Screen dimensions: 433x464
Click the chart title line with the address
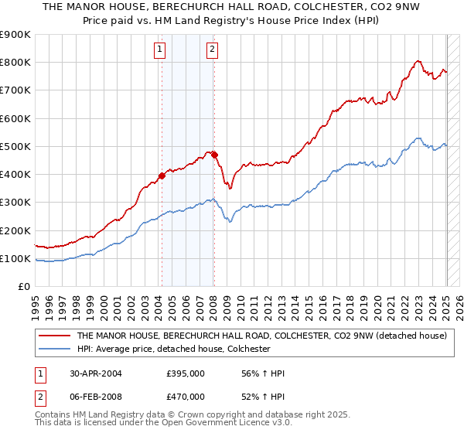(x=231, y=9)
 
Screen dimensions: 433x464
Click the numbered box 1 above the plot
(x=159, y=51)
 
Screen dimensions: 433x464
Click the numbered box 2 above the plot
(x=212, y=51)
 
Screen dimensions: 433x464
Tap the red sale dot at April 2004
(x=162, y=176)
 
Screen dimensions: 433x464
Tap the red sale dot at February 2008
(x=214, y=155)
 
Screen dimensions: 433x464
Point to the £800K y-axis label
(x=15, y=62)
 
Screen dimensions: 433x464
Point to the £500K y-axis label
(x=15, y=146)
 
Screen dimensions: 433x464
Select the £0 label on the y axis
(x=23, y=286)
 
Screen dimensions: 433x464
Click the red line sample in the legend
(x=54, y=336)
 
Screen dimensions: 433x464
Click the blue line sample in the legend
(x=54, y=349)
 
